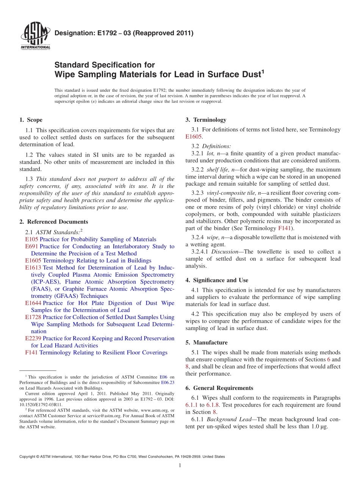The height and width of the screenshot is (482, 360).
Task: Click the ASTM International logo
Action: [35, 37]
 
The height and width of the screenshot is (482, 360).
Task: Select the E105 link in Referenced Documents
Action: [31, 239]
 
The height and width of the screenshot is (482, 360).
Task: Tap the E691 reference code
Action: [31, 246]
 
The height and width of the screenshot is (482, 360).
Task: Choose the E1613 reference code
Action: [33, 268]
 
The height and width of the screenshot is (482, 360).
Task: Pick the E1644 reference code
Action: [33, 303]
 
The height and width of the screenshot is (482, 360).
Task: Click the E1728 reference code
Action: [33, 317]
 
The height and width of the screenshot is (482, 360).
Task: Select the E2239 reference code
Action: [33, 338]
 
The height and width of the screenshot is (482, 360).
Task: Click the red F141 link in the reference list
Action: [31, 352]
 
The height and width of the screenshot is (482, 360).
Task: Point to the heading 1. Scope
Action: [31, 120]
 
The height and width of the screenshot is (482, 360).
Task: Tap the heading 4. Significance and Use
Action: [217, 280]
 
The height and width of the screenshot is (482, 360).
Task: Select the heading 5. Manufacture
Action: [207, 343]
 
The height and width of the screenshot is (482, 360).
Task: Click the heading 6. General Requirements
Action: [219, 388]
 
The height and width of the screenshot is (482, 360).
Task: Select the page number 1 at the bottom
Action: [180, 465]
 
